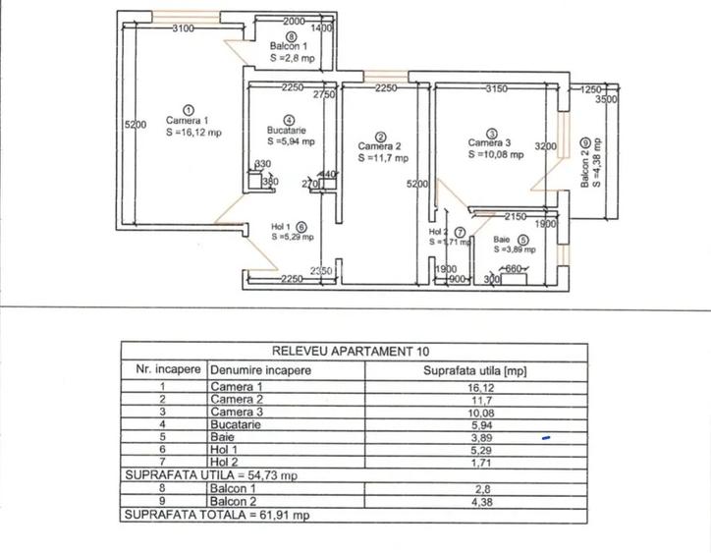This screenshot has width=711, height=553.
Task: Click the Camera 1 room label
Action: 189,121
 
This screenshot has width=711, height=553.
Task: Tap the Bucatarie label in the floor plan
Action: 292,130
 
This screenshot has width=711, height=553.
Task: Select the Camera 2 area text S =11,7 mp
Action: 382,157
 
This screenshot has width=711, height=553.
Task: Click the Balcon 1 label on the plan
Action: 291,46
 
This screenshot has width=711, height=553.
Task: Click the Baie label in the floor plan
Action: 502,239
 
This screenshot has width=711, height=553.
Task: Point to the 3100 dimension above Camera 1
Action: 183,28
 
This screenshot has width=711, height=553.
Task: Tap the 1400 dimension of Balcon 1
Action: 322,29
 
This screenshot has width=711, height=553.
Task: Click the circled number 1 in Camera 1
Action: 189,110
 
